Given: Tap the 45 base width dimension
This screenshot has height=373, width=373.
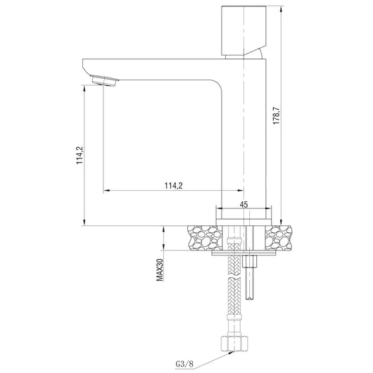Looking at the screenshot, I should [x=244, y=204].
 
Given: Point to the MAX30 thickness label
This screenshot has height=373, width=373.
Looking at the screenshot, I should [x=160, y=270].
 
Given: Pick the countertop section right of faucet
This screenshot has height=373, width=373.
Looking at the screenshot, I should [x=281, y=237].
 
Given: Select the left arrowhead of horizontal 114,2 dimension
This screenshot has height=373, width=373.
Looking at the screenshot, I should [x=106, y=191].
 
